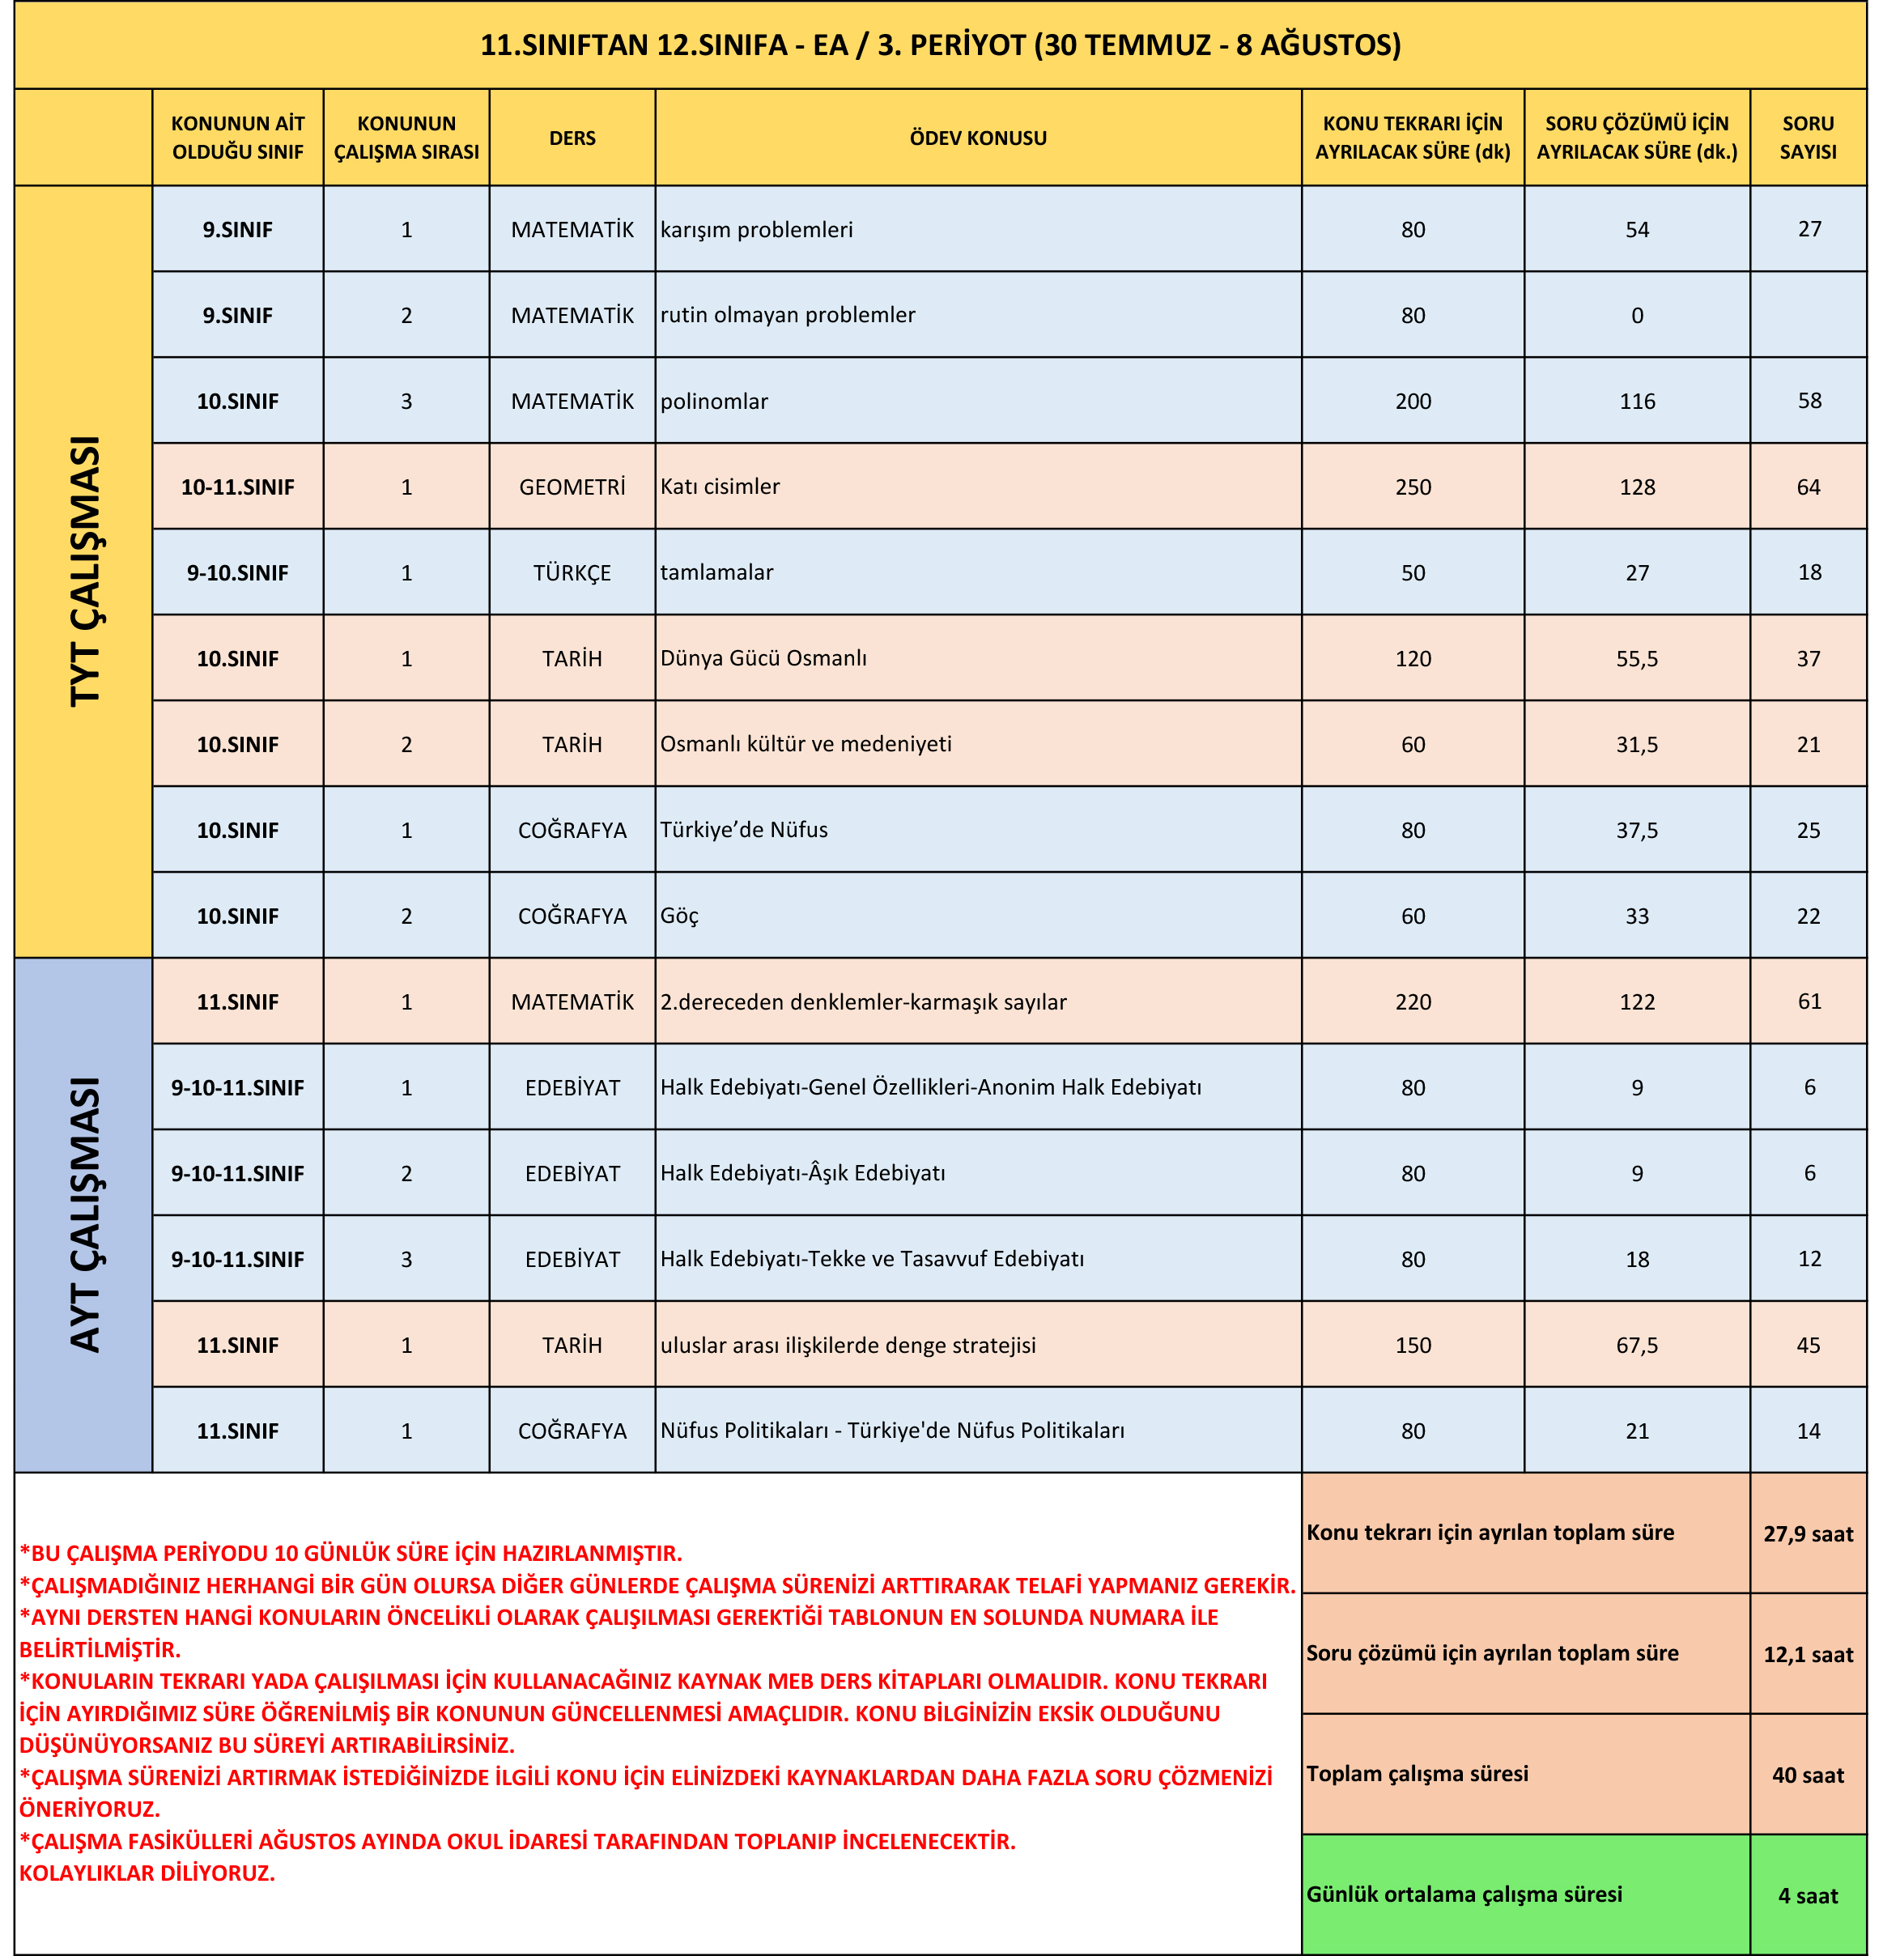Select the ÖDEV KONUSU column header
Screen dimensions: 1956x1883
[977, 138]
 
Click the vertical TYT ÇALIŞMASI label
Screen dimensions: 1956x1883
[85, 571]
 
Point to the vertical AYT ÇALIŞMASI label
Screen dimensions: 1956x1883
[85, 1214]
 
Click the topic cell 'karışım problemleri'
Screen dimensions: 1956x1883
[756, 230]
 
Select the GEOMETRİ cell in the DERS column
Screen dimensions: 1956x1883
[572, 487]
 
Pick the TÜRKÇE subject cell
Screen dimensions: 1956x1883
[572, 573]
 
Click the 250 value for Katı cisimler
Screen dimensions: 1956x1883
[1412, 487]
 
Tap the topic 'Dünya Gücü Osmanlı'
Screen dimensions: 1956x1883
[763, 659]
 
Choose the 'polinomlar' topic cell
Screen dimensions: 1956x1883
[715, 402]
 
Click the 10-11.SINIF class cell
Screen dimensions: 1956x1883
[237, 487]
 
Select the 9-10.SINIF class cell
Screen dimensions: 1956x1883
[237, 573]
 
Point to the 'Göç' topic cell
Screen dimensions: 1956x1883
[679, 916]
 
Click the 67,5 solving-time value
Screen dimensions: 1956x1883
[1637, 1346]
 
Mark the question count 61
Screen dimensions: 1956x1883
[1809, 1002]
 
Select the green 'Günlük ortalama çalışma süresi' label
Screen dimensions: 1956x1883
[1464, 1894]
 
